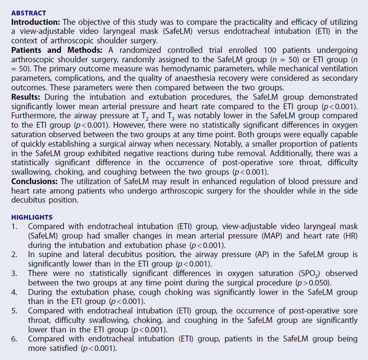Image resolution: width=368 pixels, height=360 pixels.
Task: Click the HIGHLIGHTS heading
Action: (x=32, y=217)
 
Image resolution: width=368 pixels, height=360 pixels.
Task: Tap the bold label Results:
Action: (x=26, y=97)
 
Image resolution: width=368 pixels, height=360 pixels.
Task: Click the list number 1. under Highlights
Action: (x=14, y=226)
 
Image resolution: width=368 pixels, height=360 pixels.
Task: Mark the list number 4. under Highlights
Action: (x=14, y=293)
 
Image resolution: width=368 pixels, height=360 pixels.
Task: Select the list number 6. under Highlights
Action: (x=14, y=339)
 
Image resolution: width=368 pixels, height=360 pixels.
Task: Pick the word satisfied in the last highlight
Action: (x=60, y=349)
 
